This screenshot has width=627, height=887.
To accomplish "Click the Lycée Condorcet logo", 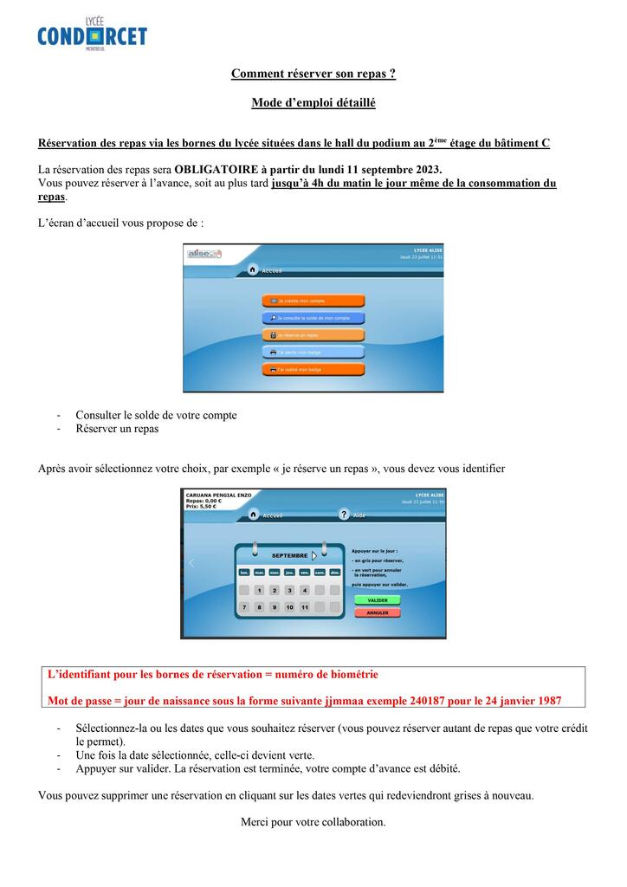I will coord(92,35).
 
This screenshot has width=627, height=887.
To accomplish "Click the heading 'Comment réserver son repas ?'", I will coord(313,74).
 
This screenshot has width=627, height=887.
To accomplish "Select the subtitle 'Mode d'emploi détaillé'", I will coord(313,103).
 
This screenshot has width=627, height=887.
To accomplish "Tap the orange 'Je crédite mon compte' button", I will coord(313,301).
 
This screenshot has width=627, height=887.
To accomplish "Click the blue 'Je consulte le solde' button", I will coord(313,318).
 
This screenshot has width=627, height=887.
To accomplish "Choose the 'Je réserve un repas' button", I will coord(313,335).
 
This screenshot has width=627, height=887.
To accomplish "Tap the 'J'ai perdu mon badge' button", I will coord(313,353).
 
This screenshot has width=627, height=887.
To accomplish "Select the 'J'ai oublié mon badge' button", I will coord(313,369).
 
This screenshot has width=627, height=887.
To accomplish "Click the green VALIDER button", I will coord(377,599).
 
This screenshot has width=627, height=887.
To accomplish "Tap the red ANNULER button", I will coord(377,612).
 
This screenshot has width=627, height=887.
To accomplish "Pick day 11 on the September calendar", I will coord(305,607).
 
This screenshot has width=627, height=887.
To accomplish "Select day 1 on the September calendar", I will coord(260,590).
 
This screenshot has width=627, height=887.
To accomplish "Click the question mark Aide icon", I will coord(344,515).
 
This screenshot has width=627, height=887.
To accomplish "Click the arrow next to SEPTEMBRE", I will coord(313,556).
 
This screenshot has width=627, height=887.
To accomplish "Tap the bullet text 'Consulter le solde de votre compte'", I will coord(156,415).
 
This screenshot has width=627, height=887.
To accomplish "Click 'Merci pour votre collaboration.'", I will coord(313,821).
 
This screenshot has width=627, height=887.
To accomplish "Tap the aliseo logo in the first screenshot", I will coord(205,254).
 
